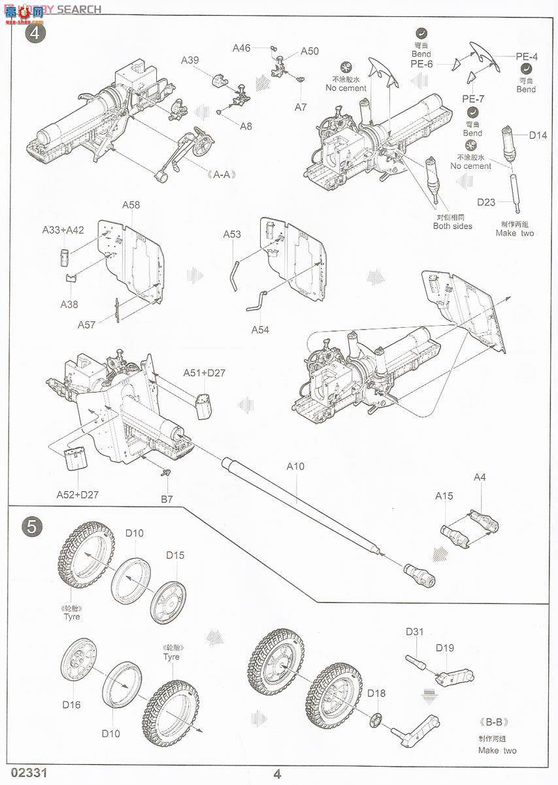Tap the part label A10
pos(295,466)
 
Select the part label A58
pos(131,205)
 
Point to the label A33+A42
pos(63,230)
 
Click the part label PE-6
pos(421,63)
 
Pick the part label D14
pos(538,135)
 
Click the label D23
pos(485,202)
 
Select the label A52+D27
pos(76,494)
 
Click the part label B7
pos(167,499)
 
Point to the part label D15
pos(174,555)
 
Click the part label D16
pos(71,705)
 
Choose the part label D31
pos(415,631)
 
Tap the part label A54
pos(260,330)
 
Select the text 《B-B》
pos(496,723)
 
